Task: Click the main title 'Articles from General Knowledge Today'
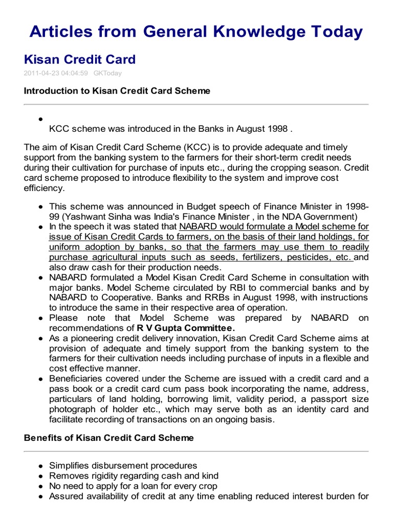[196, 32]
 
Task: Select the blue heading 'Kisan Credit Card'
[80, 59]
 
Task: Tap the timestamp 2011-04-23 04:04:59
[56, 73]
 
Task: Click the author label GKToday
[108, 73]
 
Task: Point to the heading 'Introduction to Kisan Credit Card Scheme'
[117, 91]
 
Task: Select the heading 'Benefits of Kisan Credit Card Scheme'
[109, 438]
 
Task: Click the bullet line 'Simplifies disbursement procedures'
[123, 466]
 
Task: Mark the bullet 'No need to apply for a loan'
[133, 486]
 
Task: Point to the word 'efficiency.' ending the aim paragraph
[45, 188]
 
